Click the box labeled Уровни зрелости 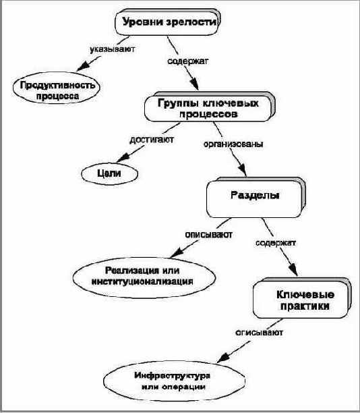click(x=167, y=22)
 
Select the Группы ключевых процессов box click(x=210, y=107)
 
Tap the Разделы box click(x=256, y=197)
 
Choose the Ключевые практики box click(x=301, y=298)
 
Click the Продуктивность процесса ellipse click(x=57, y=88)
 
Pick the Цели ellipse click(x=109, y=173)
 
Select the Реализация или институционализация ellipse click(x=144, y=277)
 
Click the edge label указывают click(x=113, y=49)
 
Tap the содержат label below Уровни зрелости click(x=188, y=61)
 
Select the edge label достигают click(x=152, y=139)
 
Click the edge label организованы click(x=233, y=144)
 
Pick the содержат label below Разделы click(x=276, y=242)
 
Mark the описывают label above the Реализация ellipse click(x=209, y=234)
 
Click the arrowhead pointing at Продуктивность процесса click(x=83, y=66)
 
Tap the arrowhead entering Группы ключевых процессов click(x=194, y=84)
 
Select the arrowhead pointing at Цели click(x=123, y=157)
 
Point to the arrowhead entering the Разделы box click(x=242, y=169)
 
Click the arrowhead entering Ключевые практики click(x=293, y=269)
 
